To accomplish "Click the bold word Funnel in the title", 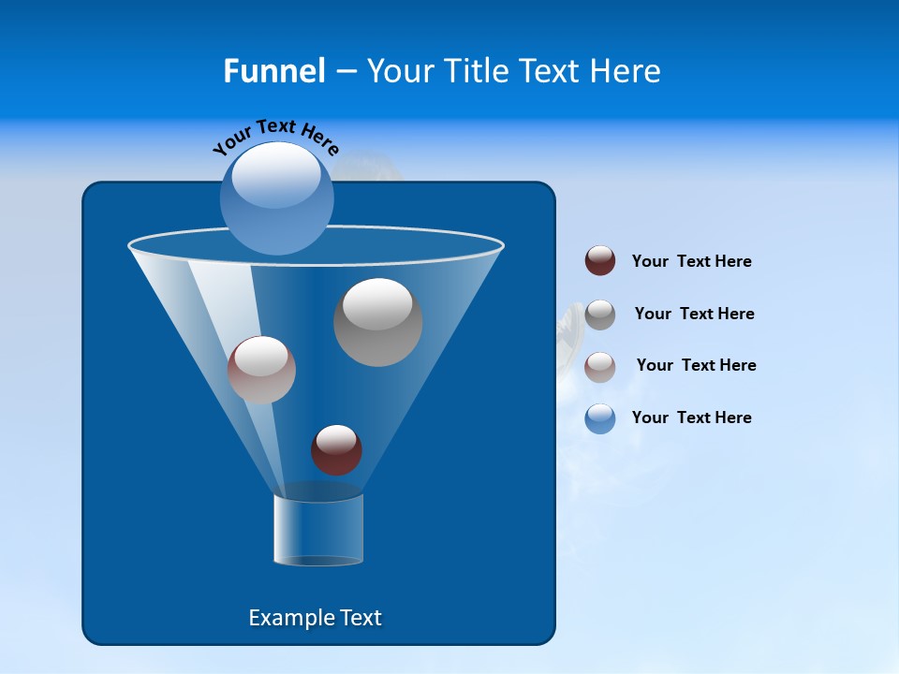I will point(273,71).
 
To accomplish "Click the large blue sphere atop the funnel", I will point(277,201).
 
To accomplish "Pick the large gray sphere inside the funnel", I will point(378,322).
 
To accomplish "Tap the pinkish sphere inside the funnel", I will point(261,370).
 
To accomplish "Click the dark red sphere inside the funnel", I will point(336,449).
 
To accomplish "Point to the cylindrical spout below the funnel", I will point(318,530).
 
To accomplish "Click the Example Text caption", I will point(315,618).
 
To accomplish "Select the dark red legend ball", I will point(600,261).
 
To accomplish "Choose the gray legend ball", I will point(600,315).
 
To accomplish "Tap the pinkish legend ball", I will point(600,366).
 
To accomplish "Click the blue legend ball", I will point(600,418).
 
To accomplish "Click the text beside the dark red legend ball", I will point(691,261).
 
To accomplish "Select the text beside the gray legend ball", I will point(694,314).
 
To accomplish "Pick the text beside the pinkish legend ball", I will point(696,365).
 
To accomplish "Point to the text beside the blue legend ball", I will point(691,418).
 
